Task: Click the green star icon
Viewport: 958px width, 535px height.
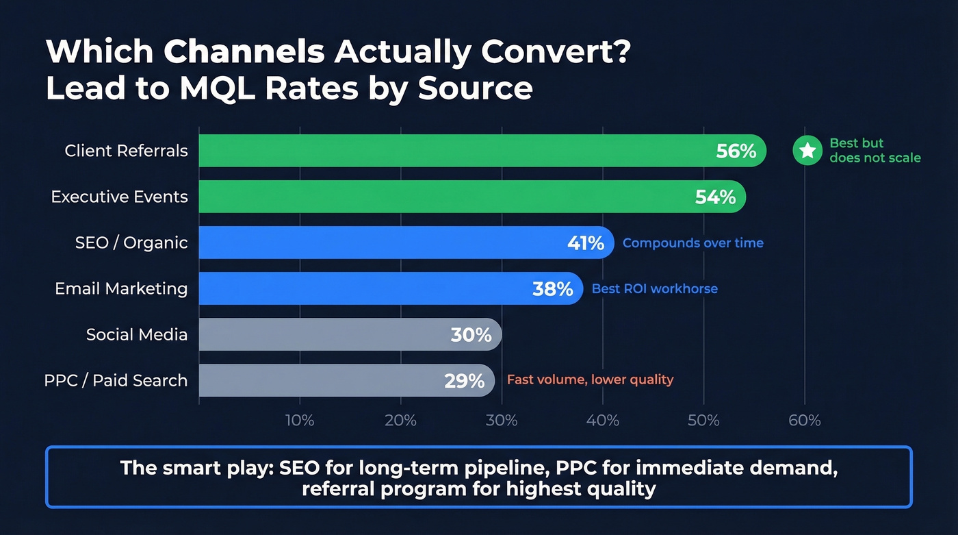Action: coord(807,151)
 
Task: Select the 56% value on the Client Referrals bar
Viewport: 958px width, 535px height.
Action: coord(736,151)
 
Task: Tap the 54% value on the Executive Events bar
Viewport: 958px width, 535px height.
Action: coord(715,197)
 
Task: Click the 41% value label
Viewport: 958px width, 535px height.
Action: coord(586,243)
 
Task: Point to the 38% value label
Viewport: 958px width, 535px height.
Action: coord(552,289)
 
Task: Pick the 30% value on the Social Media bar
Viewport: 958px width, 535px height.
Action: coord(471,335)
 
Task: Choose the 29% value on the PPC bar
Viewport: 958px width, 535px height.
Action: coord(464,381)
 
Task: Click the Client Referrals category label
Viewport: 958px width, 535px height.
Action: coord(126,151)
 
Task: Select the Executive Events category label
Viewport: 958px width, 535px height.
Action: coord(119,197)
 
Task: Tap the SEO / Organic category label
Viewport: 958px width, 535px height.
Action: coord(131,242)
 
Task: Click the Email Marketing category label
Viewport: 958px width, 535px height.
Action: coord(121,288)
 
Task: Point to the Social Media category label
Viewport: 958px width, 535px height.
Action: coord(137,334)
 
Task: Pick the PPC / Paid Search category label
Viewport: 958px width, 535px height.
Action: coord(116,380)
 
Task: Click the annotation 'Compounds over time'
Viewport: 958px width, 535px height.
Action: coord(692,243)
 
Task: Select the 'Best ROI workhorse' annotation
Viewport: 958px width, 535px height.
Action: coord(654,289)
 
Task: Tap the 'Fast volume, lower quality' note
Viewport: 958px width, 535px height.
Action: coord(590,380)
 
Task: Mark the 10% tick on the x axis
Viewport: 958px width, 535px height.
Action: coord(300,421)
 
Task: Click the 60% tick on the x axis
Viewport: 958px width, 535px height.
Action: coord(804,421)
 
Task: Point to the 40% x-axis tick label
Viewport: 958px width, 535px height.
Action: coord(602,421)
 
